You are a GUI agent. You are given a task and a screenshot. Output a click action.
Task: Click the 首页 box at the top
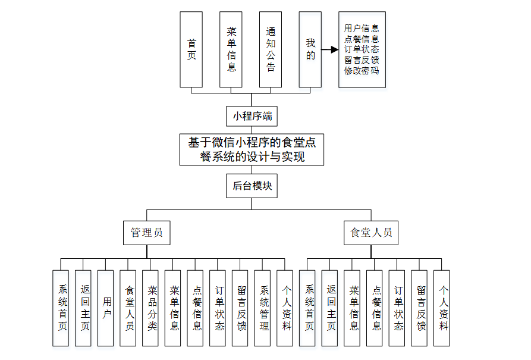[191, 49]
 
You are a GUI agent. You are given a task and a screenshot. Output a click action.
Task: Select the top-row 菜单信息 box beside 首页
[231, 49]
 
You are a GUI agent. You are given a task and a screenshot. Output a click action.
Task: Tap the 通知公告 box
[271, 49]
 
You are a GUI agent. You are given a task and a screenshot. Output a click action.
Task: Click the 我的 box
[310, 49]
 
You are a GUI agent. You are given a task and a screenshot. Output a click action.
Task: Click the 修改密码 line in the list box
[362, 71]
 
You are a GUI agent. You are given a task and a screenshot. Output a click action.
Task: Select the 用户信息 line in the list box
[362, 28]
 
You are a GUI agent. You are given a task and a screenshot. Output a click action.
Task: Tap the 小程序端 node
[252, 115]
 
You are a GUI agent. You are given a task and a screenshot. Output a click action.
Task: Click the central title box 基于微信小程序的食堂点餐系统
[252, 149]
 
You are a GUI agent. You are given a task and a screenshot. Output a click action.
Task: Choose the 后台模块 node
[252, 186]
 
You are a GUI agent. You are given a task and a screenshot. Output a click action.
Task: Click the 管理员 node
[147, 232]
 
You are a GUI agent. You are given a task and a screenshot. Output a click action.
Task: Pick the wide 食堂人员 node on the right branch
[371, 232]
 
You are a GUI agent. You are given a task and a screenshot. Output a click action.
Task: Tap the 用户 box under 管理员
[106, 308]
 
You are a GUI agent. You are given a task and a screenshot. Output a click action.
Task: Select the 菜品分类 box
[152, 308]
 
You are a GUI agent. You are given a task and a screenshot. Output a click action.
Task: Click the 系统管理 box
[263, 308]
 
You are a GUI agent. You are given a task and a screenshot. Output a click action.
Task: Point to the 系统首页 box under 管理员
[61, 308]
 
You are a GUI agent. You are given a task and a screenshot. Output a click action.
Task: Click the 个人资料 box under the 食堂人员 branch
[442, 308]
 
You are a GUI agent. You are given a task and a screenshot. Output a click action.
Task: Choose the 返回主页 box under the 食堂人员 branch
[330, 308]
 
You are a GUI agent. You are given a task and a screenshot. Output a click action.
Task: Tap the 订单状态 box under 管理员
[218, 308]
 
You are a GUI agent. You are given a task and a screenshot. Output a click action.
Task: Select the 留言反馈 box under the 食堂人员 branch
[420, 308]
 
